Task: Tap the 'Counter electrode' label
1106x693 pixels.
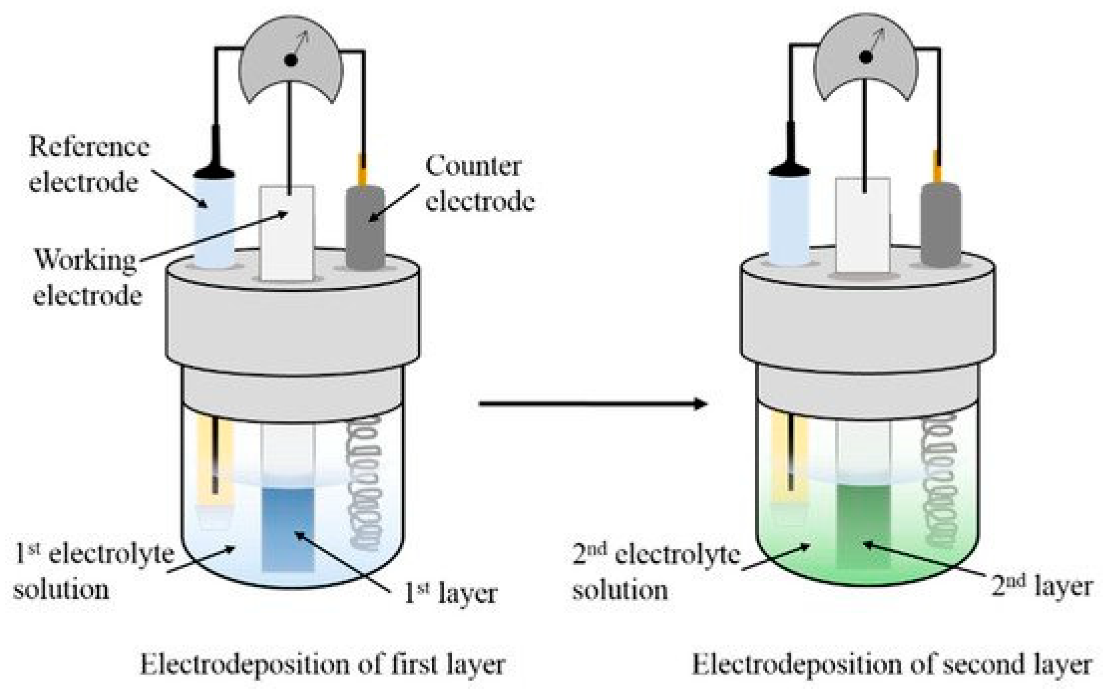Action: [479, 183]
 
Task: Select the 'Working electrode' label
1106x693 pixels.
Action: [87, 277]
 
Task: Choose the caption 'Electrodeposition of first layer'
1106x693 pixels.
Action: [322, 665]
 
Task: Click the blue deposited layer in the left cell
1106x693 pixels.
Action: [288, 529]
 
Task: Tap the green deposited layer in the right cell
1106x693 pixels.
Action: [863, 527]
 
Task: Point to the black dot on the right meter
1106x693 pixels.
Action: [865, 57]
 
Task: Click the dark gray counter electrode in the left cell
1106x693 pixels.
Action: [365, 227]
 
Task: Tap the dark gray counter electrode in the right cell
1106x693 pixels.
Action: [940, 225]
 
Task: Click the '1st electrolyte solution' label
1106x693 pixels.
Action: [91, 571]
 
